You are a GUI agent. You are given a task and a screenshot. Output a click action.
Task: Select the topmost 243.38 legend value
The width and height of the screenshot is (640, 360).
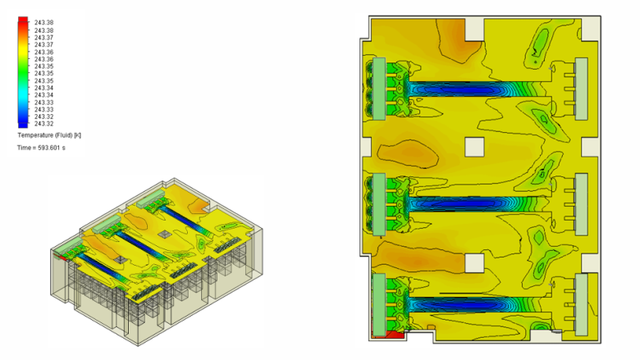pos(44,23)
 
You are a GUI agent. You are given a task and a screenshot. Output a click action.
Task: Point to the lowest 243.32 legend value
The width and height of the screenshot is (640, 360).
pos(44,124)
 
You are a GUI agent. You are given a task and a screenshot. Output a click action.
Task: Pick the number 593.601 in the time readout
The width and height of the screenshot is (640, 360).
pos(50,148)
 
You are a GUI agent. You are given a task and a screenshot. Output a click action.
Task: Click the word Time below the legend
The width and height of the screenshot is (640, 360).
pos(24,148)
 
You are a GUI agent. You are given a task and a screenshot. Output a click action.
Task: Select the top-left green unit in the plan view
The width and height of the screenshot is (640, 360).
pos(380,89)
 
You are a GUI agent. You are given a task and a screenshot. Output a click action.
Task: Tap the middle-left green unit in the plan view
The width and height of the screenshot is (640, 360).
pos(380,202)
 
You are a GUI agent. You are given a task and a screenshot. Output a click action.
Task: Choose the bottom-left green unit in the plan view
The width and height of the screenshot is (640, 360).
pos(379,304)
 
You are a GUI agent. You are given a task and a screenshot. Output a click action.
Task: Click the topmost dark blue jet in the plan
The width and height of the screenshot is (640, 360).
pos(455,89)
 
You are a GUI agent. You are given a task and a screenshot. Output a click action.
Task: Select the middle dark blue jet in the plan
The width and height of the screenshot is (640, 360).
pos(455,203)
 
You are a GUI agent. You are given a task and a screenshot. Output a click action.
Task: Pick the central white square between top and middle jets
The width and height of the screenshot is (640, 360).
pos(474,148)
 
